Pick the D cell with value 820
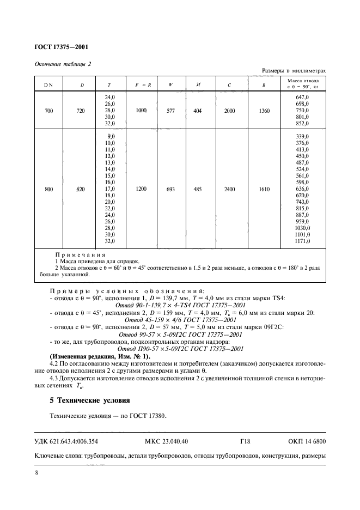click(x=82, y=189)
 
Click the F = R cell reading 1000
click(x=142, y=111)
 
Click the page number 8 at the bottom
click(x=36, y=473)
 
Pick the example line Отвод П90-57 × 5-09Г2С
click(x=180, y=349)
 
